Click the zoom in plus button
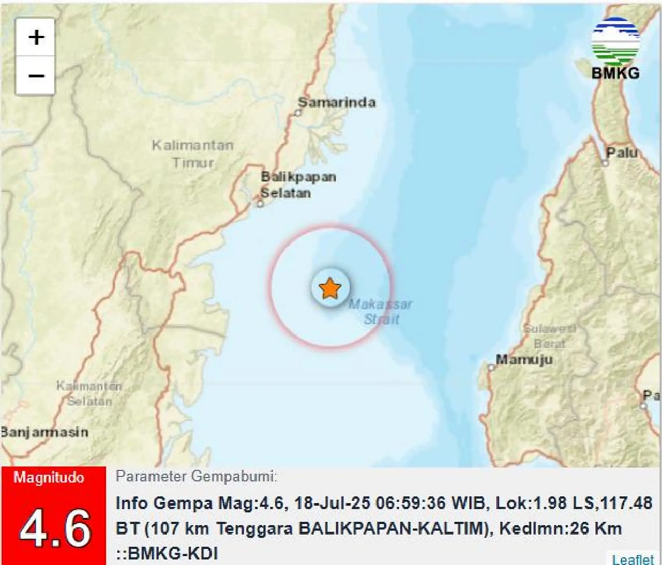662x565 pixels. click(x=36, y=38)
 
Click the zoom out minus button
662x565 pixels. click(x=36, y=76)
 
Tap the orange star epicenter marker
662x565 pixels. click(x=330, y=288)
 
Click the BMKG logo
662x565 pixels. click(x=615, y=49)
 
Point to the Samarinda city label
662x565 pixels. click(x=337, y=102)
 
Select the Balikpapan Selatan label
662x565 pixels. click(x=298, y=185)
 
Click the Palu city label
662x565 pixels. click(x=622, y=153)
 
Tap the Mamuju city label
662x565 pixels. click(x=524, y=359)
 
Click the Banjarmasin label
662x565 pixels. click(x=44, y=432)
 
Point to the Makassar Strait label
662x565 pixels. click(x=381, y=311)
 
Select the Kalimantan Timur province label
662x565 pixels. click(x=192, y=154)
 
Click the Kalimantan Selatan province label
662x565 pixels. click(x=89, y=393)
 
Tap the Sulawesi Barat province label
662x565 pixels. click(x=549, y=336)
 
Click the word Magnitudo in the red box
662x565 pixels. click(x=49, y=477)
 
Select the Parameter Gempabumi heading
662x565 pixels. click(x=196, y=476)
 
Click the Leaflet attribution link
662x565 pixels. click(x=633, y=559)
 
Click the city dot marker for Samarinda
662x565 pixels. click(x=298, y=113)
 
